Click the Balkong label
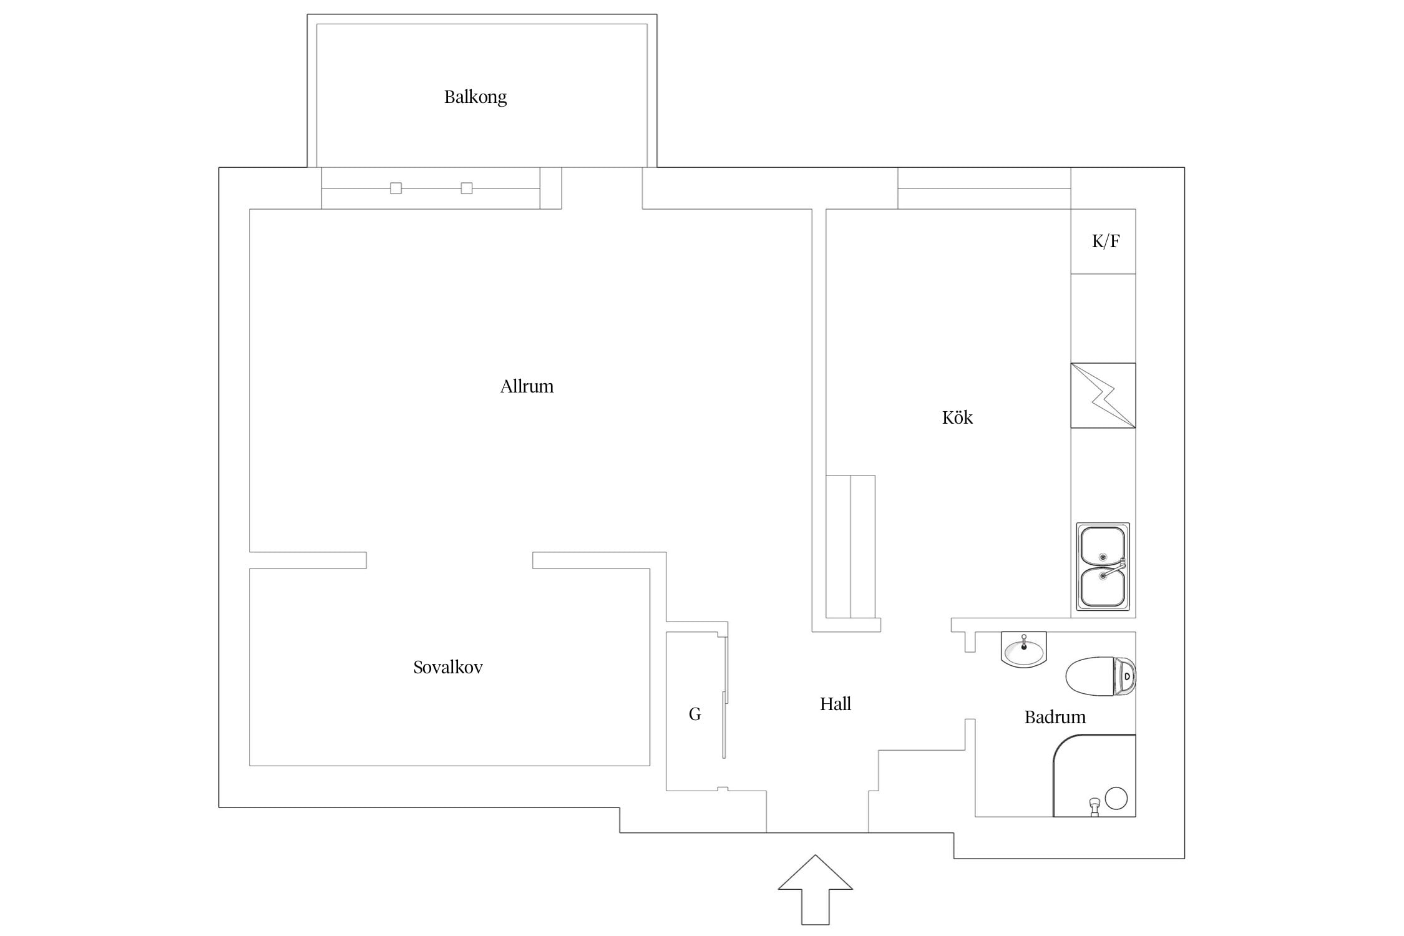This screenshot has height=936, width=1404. (475, 97)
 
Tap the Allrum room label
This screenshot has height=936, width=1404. (527, 386)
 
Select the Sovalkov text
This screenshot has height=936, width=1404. (448, 667)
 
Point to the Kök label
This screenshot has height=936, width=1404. (957, 417)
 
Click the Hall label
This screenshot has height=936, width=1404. (836, 704)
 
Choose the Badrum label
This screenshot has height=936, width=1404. (1055, 717)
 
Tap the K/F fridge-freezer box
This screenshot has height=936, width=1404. (1103, 241)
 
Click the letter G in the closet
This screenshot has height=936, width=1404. (695, 714)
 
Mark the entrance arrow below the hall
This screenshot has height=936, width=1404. (815, 890)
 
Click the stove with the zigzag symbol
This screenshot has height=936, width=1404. (1103, 396)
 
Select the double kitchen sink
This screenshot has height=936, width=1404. (1103, 567)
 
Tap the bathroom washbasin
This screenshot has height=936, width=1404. (1023, 650)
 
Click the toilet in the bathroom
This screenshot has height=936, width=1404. (1101, 676)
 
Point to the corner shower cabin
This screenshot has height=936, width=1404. (1094, 776)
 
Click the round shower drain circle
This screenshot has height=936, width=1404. (1116, 798)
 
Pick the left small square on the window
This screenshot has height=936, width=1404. (396, 188)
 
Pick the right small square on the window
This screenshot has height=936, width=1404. (467, 188)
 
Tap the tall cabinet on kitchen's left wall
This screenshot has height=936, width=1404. (851, 547)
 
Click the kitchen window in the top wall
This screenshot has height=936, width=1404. (984, 188)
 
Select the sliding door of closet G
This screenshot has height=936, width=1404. (724, 696)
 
